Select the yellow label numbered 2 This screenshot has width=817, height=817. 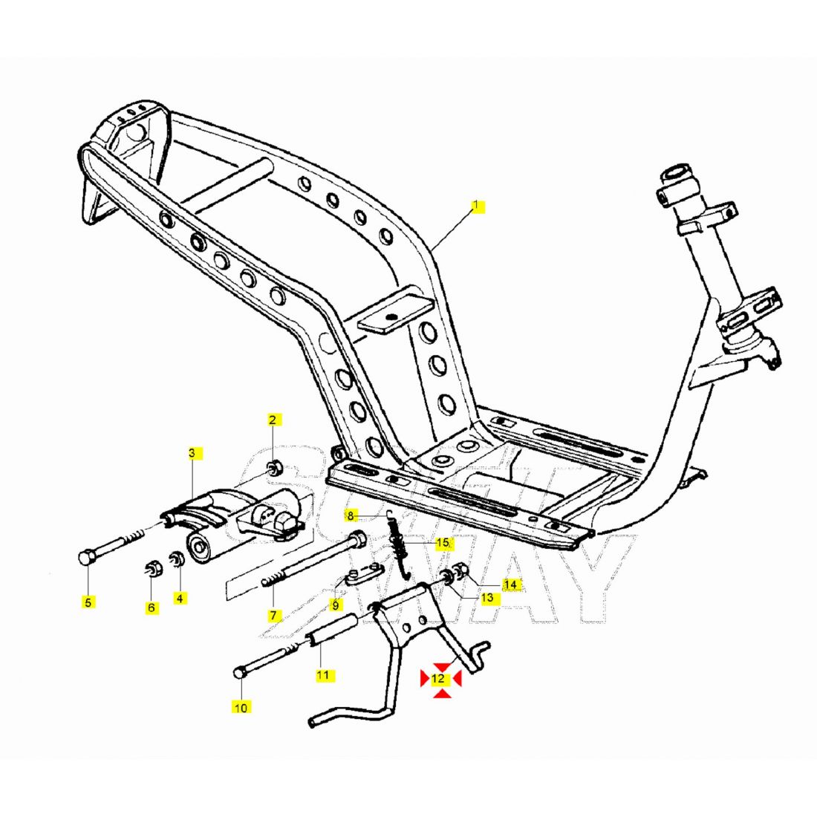272,420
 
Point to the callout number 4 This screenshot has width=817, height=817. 180,597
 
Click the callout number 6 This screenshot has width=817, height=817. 152,607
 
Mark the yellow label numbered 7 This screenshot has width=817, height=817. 273,615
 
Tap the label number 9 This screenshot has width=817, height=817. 335,605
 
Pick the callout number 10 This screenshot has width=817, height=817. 241,707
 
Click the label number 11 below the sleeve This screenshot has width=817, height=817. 322,675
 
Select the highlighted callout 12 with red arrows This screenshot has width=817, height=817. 439,678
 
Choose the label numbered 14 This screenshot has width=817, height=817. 510,585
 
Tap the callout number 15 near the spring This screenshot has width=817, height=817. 442,543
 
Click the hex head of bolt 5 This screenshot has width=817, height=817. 85,557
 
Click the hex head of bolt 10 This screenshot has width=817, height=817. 239,673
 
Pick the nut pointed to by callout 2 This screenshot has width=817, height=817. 273,468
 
